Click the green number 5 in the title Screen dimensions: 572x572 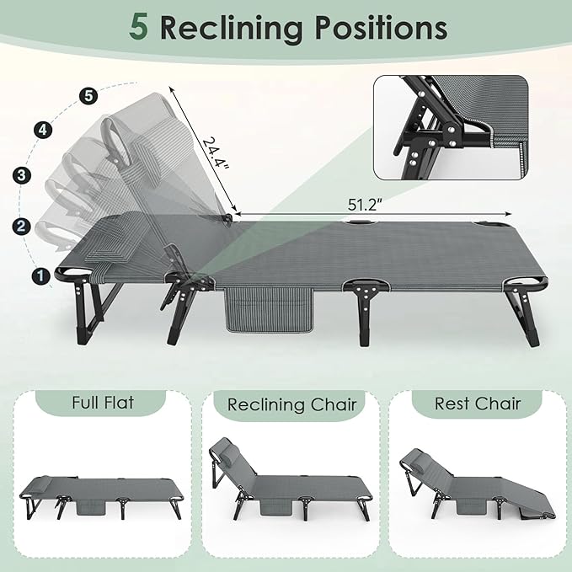(140, 27)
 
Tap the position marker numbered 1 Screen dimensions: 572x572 (40, 275)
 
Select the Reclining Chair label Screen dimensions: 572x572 (291, 404)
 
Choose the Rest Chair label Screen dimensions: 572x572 (478, 403)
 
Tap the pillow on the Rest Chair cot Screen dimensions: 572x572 (416, 458)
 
